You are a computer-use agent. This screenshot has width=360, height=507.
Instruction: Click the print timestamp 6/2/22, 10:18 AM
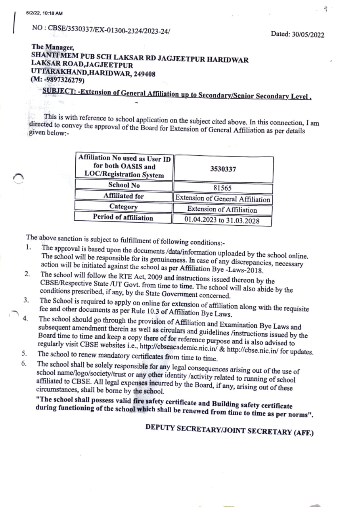coord(44,13)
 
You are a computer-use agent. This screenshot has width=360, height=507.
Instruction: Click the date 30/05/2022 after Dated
coord(308,34)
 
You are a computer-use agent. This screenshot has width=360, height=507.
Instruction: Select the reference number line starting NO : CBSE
coord(101,29)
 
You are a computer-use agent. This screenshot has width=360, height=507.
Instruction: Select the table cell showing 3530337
coord(223,169)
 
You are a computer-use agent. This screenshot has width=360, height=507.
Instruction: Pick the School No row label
coord(124,185)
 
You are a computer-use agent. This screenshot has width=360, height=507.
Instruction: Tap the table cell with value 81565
coord(222,189)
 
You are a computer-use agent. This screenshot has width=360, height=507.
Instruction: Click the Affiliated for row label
coord(123,196)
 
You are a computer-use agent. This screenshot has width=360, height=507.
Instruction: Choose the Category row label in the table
coord(123,207)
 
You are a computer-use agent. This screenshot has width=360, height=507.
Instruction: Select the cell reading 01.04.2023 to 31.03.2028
coord(222,220)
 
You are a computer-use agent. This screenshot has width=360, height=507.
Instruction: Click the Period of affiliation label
coord(123,217)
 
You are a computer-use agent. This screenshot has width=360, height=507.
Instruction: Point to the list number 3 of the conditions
coord(26,300)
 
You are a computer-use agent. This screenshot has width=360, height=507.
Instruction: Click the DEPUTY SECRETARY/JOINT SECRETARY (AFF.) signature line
coord(229,429)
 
